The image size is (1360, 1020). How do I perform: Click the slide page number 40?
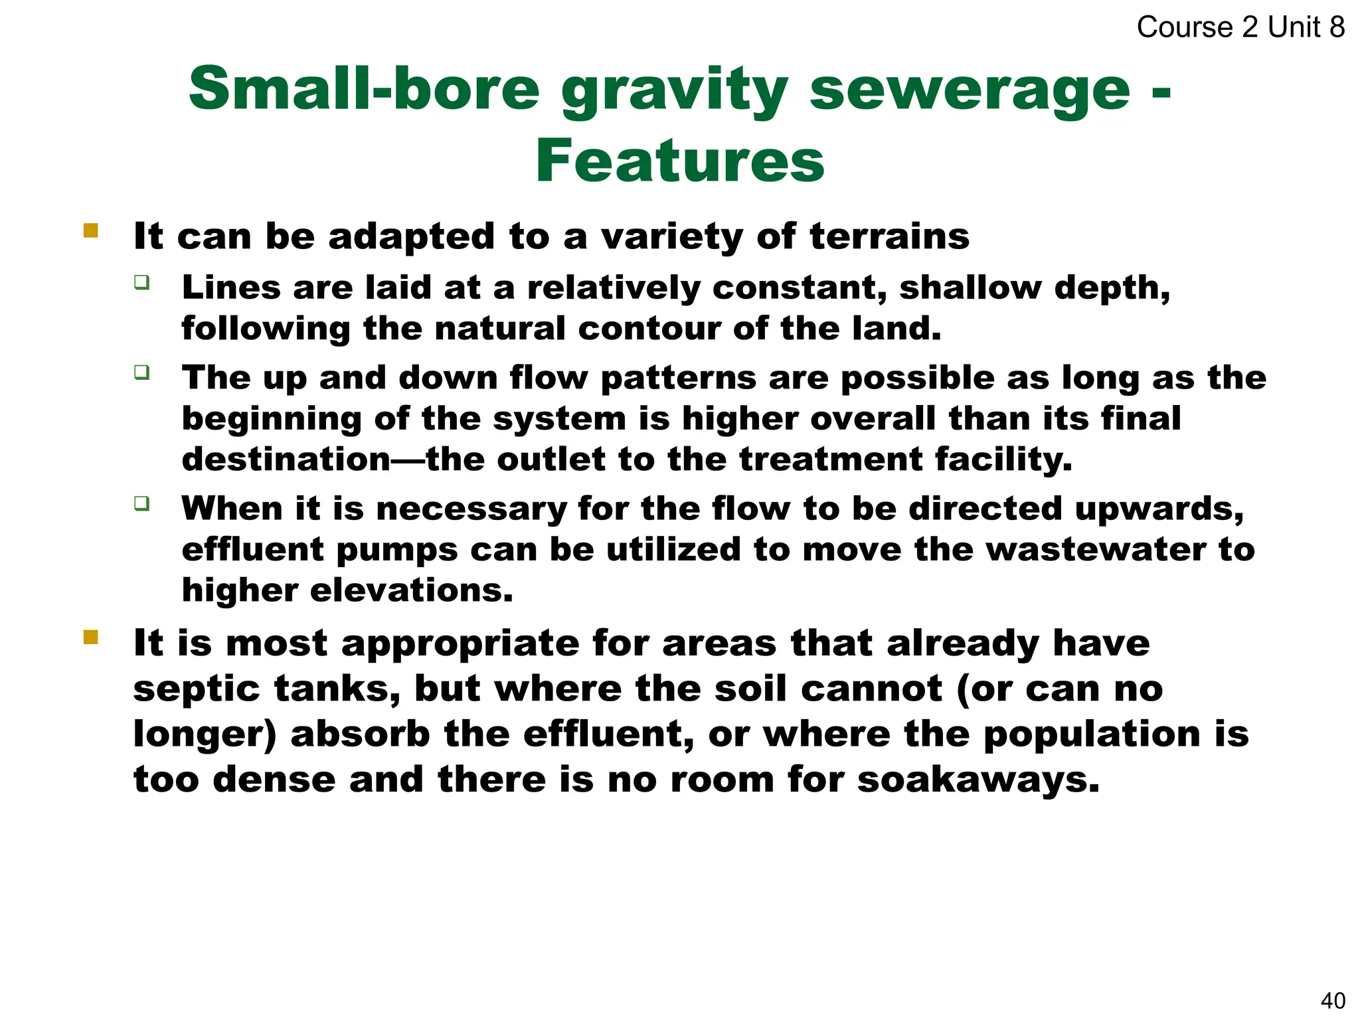point(1333,1000)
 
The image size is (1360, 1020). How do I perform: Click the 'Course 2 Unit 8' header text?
point(1240,27)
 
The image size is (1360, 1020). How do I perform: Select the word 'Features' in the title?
point(679,161)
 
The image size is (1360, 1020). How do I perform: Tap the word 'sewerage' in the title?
point(969,90)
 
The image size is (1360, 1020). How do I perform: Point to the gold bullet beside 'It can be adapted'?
point(91,231)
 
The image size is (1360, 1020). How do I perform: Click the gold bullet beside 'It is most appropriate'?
point(91,638)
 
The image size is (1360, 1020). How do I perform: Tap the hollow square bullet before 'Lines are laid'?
point(141,282)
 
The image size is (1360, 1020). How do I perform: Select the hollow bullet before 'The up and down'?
point(141,372)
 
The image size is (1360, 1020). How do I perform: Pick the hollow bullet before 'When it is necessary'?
point(141,503)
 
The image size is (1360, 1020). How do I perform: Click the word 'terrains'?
point(889,236)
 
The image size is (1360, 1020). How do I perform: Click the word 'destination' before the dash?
point(286,460)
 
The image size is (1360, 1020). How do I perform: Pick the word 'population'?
point(1091,735)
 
